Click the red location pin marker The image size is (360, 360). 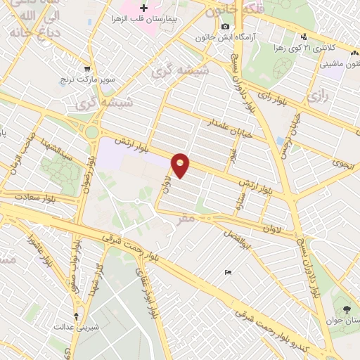click(181, 165)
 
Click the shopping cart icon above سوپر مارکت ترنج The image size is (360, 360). click(87, 70)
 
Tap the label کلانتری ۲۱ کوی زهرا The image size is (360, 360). click(328, 47)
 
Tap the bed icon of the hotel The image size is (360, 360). click(226, 272)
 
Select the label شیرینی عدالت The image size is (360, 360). click(78, 327)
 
